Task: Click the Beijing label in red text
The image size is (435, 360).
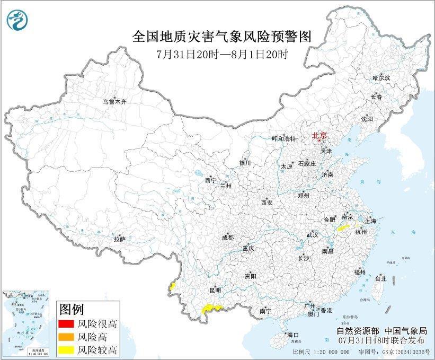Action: click(x=320, y=135)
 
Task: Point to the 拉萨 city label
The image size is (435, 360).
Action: click(x=119, y=239)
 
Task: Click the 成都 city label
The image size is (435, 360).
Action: click(x=227, y=238)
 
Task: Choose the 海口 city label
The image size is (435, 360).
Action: click(x=293, y=335)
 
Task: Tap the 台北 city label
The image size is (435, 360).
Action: click(x=380, y=278)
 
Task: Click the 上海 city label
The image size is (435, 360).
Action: click(x=369, y=221)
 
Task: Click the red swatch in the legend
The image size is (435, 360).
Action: click(x=66, y=324)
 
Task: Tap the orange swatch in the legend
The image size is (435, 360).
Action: click(x=66, y=337)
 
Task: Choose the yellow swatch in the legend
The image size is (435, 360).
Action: click(x=66, y=349)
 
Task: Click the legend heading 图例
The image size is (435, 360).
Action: click(x=71, y=309)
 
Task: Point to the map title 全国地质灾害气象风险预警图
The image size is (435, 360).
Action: click(x=221, y=36)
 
